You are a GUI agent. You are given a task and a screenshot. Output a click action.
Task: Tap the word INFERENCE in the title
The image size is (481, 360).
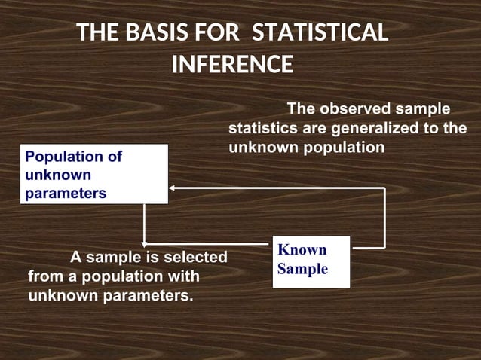[x=232, y=65]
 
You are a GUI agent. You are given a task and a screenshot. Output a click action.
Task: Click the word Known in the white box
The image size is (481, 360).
[x=302, y=250]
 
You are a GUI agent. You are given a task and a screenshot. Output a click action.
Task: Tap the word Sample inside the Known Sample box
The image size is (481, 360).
[x=302, y=269]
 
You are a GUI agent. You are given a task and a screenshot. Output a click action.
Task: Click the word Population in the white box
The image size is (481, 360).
[x=63, y=157]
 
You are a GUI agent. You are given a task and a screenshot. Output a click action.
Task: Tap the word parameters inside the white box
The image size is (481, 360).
[x=66, y=194]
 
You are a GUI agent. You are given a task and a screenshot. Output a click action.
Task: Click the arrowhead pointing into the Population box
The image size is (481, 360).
[x=172, y=187]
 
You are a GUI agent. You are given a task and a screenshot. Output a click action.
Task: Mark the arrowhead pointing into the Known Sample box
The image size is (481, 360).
[x=268, y=244]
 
